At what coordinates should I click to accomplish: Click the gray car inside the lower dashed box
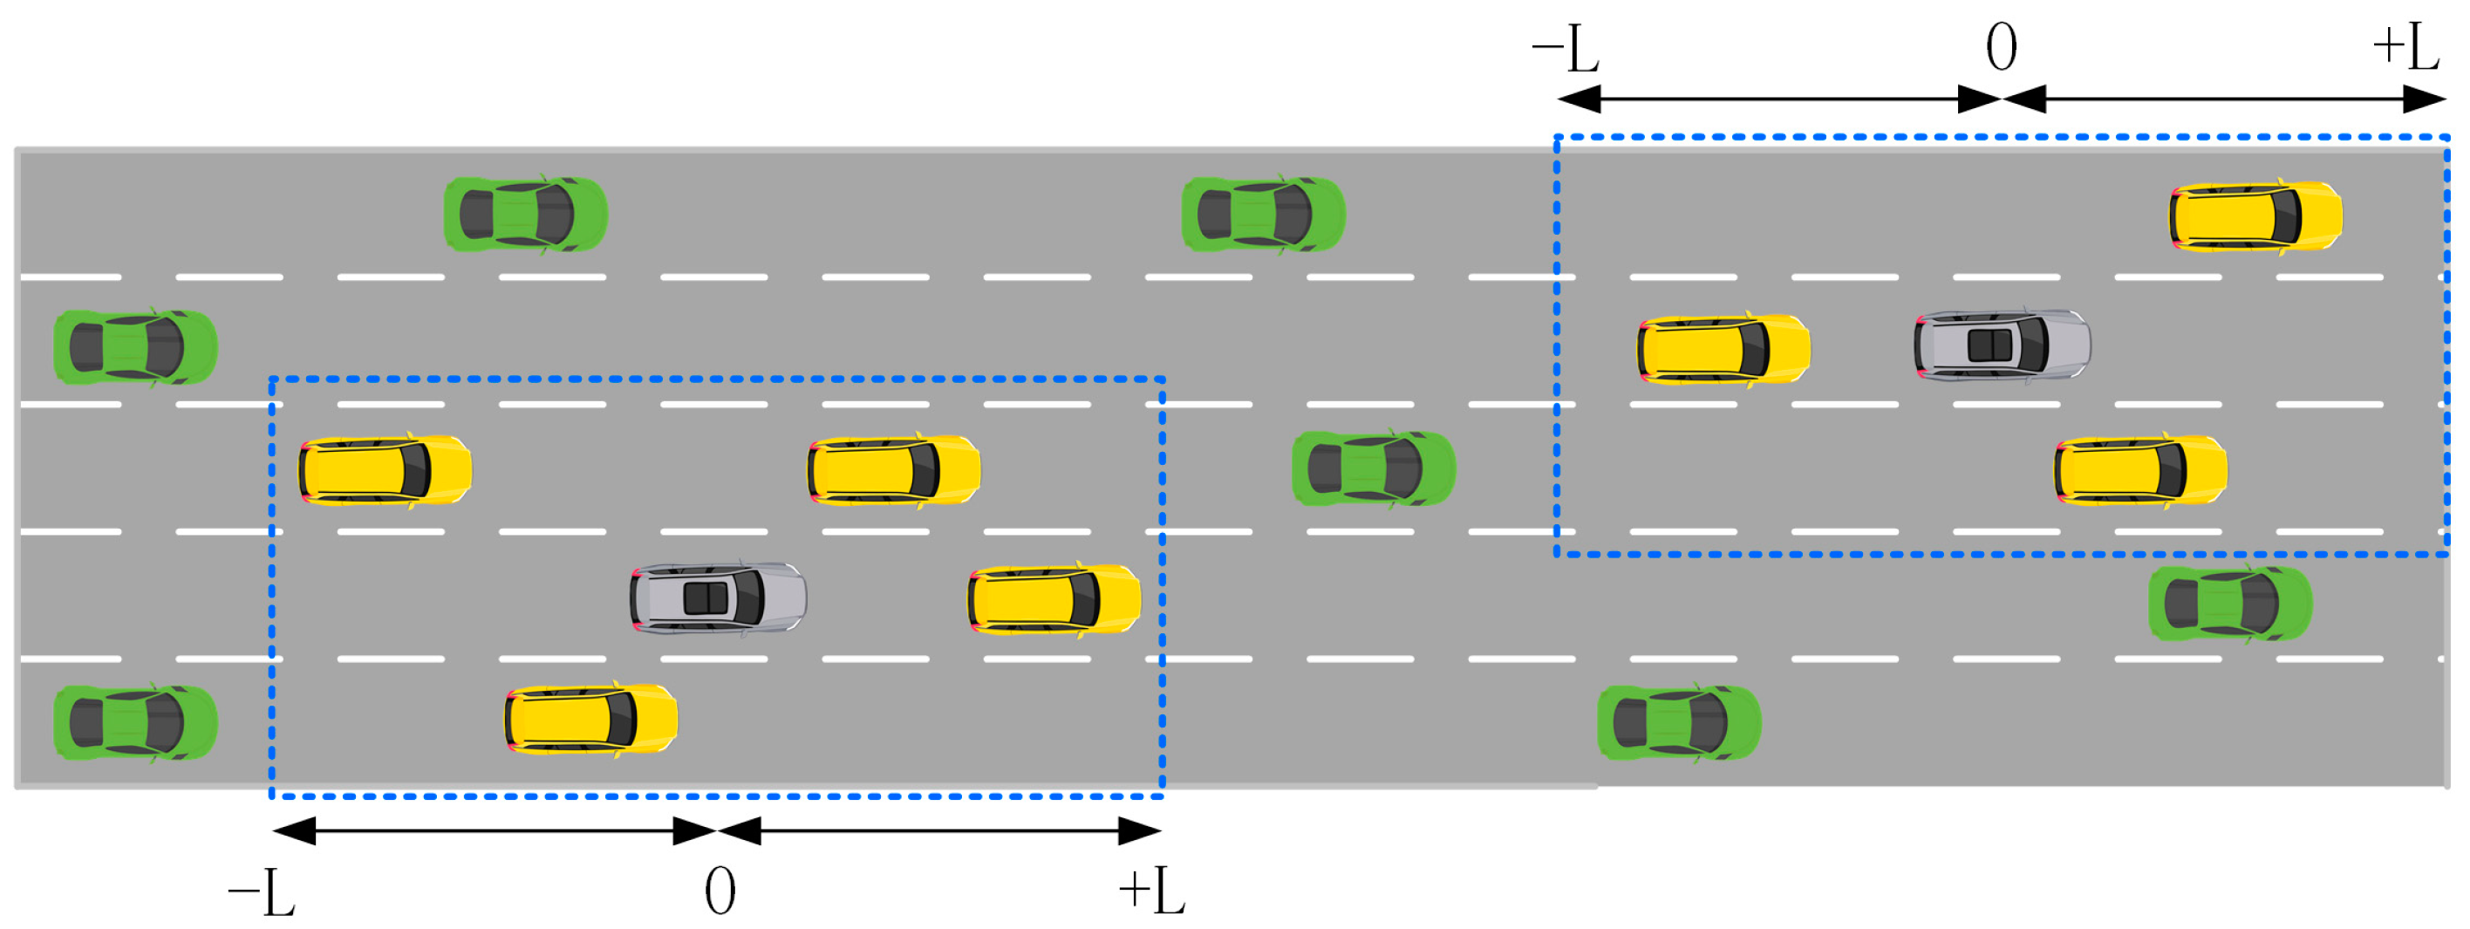[717, 598]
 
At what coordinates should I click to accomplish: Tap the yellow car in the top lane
[2255, 216]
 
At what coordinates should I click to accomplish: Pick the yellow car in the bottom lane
[590, 719]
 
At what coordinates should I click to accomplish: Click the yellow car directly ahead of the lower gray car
[1054, 599]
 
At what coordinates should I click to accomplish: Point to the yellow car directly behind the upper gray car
[1723, 349]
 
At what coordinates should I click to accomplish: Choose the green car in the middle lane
[1373, 468]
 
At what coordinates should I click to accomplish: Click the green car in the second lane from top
[135, 347]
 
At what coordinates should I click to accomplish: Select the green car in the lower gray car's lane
[2230, 604]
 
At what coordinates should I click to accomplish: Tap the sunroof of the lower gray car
[706, 598]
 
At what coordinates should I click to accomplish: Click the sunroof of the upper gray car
[1989, 345]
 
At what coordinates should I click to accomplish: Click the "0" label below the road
[720, 891]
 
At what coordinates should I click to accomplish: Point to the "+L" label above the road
[2405, 47]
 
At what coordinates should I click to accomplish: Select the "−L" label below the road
[261, 892]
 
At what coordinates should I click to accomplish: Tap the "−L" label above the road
[1565, 49]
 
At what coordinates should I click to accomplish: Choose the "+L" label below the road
[1151, 891]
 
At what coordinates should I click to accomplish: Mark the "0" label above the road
[2001, 47]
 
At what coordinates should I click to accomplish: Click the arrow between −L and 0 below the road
[495, 831]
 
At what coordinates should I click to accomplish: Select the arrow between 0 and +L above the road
[2225, 99]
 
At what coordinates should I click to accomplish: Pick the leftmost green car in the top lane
[525, 215]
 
